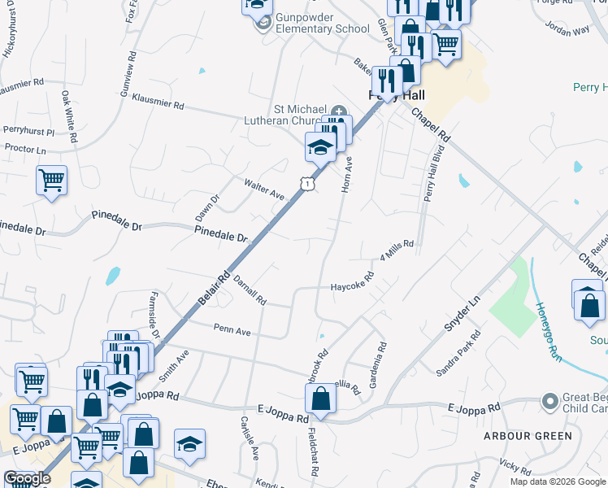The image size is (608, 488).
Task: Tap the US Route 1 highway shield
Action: click(306, 185)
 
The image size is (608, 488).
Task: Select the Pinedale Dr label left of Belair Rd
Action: click(220, 234)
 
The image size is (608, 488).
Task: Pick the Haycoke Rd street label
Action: click(352, 282)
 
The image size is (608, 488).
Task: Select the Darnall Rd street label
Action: click(250, 289)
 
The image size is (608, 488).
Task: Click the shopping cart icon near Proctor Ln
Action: click(52, 180)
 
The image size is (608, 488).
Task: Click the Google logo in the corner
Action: click(28, 478)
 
